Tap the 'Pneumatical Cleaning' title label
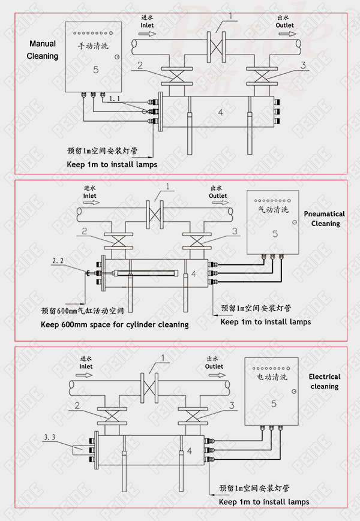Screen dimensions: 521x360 pyautogui.click(x=324, y=219)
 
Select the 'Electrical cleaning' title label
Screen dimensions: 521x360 pyautogui.click(x=324, y=381)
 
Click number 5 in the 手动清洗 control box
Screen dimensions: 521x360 pyautogui.click(x=95, y=70)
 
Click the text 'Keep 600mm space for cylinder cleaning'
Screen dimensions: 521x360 pyautogui.click(x=114, y=324)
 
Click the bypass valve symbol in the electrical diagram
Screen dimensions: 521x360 pyautogui.click(x=150, y=384)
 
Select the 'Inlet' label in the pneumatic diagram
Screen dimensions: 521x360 pyautogui.click(x=89, y=195)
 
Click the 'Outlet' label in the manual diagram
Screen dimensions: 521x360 pyautogui.click(x=284, y=25)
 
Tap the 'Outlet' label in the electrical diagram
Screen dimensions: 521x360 pyautogui.click(x=214, y=366)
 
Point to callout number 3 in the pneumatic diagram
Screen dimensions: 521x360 pyautogui.click(x=235, y=231)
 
